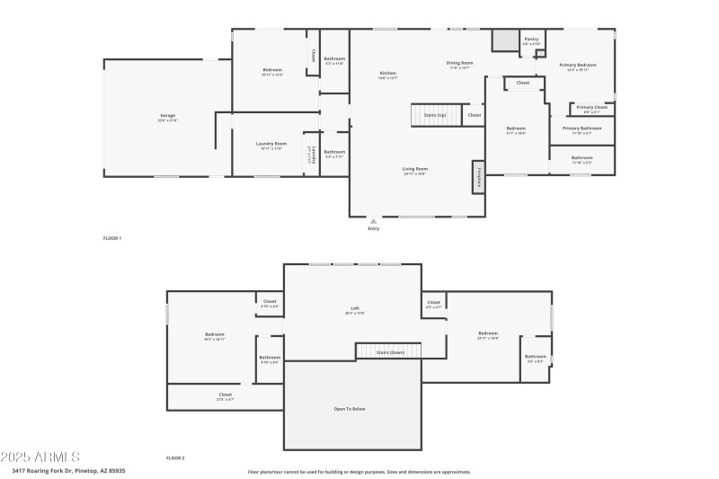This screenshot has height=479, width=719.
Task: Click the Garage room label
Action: pyautogui.click(x=168, y=116)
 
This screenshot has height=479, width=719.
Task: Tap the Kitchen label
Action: pyautogui.click(x=387, y=74)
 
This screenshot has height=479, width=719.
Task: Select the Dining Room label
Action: pyautogui.click(x=459, y=63)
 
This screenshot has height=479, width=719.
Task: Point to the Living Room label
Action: pyautogui.click(x=414, y=169)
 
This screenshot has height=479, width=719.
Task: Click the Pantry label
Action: pyautogui.click(x=531, y=39)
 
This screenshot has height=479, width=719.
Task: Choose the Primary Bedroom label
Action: pyautogui.click(x=578, y=65)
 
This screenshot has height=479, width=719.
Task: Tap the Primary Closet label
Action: pyautogui.click(x=591, y=108)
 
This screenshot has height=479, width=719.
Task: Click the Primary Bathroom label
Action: pyautogui.click(x=581, y=129)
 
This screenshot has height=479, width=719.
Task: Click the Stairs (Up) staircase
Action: pyautogui.click(x=436, y=115)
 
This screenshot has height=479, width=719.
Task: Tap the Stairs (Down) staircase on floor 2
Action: pyautogui.click(x=388, y=351)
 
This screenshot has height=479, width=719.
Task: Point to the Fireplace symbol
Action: pyautogui.click(x=478, y=176)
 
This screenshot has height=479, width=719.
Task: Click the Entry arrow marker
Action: pyautogui.click(x=374, y=220)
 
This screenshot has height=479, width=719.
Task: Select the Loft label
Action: pyautogui.click(x=355, y=308)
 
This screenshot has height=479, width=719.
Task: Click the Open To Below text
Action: pyautogui.click(x=351, y=409)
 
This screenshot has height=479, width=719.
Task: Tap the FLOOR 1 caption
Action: pyautogui.click(x=112, y=238)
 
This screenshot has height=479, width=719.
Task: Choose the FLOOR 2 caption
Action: pyautogui.click(x=175, y=458)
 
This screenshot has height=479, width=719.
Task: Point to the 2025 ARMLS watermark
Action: pyautogui.click(x=40, y=457)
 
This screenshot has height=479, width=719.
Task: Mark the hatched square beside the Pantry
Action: pyautogui.click(x=505, y=40)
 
